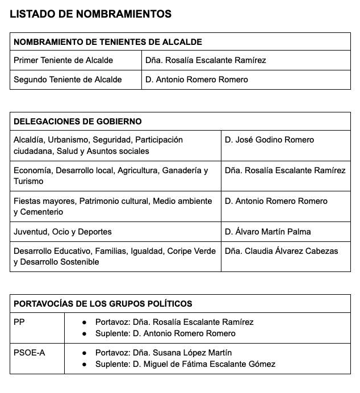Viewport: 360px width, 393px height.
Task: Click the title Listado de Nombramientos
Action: [x=90, y=14]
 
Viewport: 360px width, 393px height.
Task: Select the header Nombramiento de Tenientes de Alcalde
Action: [x=108, y=42]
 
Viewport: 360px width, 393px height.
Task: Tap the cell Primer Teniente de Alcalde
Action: [x=63, y=60]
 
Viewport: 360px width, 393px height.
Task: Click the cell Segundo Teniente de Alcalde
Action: [x=68, y=80]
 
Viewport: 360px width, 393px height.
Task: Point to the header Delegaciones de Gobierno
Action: [x=78, y=122]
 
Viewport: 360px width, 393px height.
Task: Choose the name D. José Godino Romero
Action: [x=269, y=140]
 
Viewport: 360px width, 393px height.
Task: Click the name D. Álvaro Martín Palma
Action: [x=267, y=232]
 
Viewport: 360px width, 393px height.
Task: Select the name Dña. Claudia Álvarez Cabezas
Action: [x=281, y=251]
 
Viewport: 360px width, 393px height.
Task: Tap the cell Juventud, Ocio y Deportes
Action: [x=62, y=232]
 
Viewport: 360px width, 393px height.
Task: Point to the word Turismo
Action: [x=28, y=181]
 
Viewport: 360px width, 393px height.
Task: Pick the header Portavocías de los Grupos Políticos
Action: [x=103, y=304]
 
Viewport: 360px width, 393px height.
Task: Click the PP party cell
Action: [x=19, y=322]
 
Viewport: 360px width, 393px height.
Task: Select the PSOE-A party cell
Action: [x=29, y=353]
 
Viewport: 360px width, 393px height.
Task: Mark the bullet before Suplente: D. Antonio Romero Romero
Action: [x=84, y=333]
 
